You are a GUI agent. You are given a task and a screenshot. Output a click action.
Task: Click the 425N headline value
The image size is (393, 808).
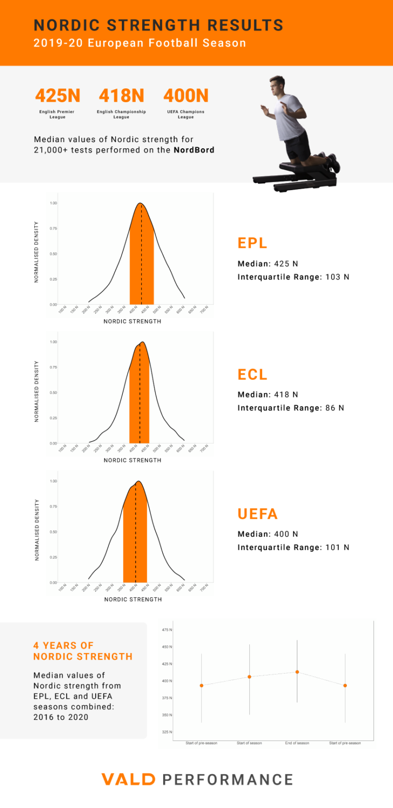click(x=58, y=96)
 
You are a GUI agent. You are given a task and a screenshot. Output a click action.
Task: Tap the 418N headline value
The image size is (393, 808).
click(x=122, y=96)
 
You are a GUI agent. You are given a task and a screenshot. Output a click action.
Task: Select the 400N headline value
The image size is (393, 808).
click(x=186, y=96)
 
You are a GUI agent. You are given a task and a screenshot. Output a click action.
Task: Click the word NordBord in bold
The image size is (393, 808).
click(x=194, y=150)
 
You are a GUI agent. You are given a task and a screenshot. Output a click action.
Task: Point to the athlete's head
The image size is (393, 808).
click(x=276, y=84)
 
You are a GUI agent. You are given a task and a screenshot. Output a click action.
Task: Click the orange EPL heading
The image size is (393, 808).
click(x=252, y=243)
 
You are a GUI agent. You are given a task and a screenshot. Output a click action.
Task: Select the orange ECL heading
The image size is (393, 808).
click(x=252, y=375)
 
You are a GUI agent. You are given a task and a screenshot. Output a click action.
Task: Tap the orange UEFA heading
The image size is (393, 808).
click(x=257, y=514)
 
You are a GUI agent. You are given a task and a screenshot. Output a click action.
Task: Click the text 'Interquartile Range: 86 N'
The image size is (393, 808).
click(x=291, y=408)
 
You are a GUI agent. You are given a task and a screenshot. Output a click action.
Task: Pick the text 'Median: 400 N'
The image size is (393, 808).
click(x=268, y=534)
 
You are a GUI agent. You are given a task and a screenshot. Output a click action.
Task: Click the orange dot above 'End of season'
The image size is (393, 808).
click(x=297, y=672)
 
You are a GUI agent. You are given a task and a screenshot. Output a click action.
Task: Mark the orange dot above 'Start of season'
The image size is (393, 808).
click(x=250, y=677)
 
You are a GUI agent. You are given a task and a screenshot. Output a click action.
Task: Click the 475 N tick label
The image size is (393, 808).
click(x=167, y=630)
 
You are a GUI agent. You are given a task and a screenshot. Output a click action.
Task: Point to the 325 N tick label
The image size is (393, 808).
click(x=167, y=732)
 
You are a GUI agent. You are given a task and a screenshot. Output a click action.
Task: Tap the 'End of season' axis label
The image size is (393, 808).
click(x=297, y=743)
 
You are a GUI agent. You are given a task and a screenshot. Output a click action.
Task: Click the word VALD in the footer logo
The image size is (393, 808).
click(x=128, y=779)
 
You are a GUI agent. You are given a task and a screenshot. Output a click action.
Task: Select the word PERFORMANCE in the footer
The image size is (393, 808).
click(x=228, y=779)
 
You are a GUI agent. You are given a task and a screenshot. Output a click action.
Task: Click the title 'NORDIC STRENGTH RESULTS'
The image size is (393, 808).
click(x=158, y=25)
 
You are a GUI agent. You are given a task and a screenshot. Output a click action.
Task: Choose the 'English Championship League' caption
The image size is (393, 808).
click(x=121, y=114)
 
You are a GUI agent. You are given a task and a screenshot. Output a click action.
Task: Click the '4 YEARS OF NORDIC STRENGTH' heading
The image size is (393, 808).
click(x=83, y=651)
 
